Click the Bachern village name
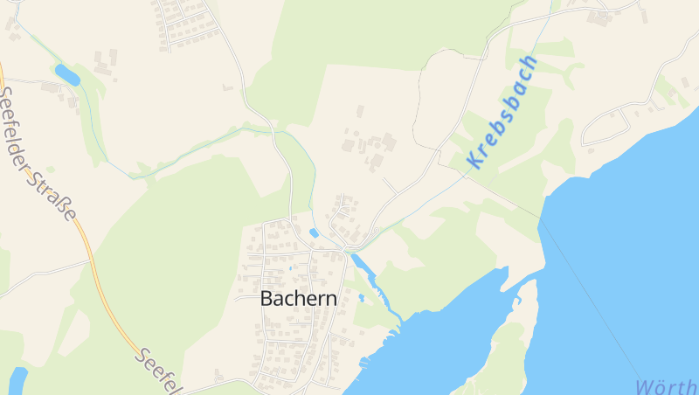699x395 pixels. click(299, 298)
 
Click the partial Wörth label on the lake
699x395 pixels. click(666, 386)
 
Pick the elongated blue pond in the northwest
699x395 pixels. click(66, 74)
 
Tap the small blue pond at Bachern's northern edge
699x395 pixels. click(314, 233)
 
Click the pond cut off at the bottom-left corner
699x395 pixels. click(17, 380)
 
